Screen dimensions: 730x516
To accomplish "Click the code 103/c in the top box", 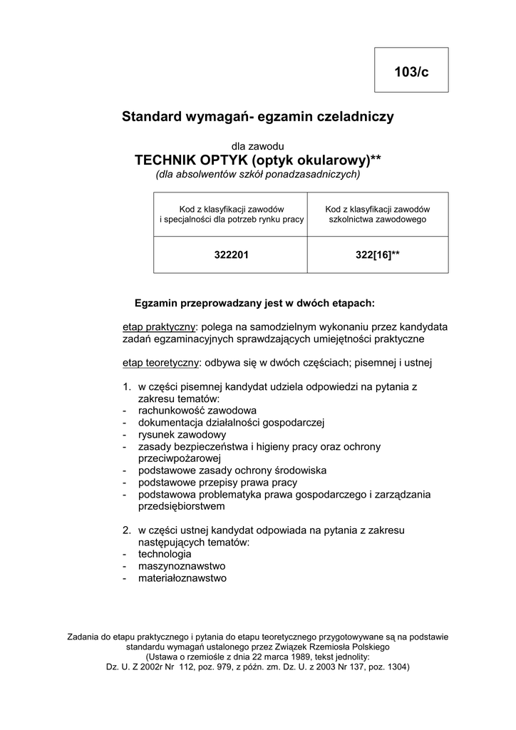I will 411,71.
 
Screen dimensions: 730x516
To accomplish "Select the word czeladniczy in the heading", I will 354,116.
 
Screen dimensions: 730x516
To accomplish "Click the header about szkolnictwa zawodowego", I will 377,215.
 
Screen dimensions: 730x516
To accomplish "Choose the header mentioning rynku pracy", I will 231,215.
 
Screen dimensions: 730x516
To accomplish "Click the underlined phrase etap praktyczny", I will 159,327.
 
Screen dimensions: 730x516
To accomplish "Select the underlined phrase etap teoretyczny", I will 161,363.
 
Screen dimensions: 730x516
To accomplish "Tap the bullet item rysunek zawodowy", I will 182,434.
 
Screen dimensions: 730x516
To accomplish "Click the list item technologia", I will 165,554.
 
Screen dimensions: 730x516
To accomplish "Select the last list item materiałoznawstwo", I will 182,578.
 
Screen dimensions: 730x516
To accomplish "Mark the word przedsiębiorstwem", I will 182,507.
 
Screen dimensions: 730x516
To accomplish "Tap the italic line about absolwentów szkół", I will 258,174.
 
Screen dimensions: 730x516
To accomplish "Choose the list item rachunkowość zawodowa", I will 197,411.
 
